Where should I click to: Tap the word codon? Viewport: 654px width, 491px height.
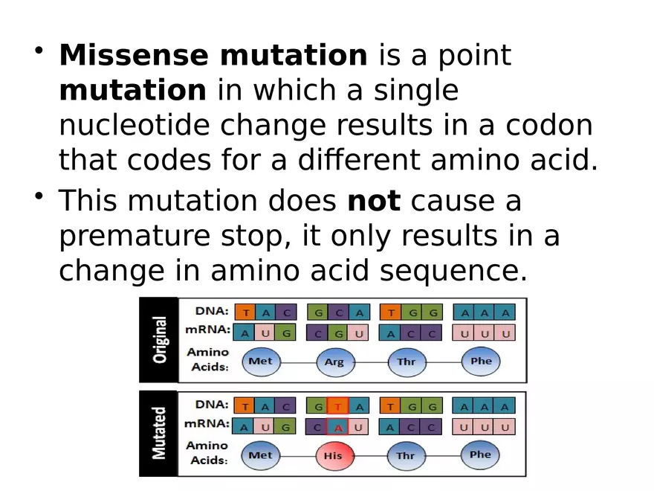click(549, 126)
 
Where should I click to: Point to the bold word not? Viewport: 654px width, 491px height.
click(374, 201)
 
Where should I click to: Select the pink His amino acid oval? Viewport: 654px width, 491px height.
click(334, 455)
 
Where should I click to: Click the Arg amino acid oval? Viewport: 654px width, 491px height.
click(334, 362)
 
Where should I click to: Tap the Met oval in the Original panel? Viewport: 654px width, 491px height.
click(260, 362)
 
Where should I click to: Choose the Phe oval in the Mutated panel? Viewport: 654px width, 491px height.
click(480, 455)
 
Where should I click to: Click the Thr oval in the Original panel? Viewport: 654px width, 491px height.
click(407, 362)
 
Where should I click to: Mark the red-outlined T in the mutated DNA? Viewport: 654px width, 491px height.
click(338, 406)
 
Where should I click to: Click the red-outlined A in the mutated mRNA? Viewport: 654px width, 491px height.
click(338, 428)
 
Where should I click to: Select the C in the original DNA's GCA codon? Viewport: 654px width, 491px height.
click(338, 312)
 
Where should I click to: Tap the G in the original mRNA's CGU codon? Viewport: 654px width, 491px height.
click(338, 334)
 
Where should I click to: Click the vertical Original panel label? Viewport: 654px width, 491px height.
click(159, 340)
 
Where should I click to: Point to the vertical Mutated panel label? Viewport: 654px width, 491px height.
click(159, 433)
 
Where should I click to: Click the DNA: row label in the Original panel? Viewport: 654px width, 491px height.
click(211, 311)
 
